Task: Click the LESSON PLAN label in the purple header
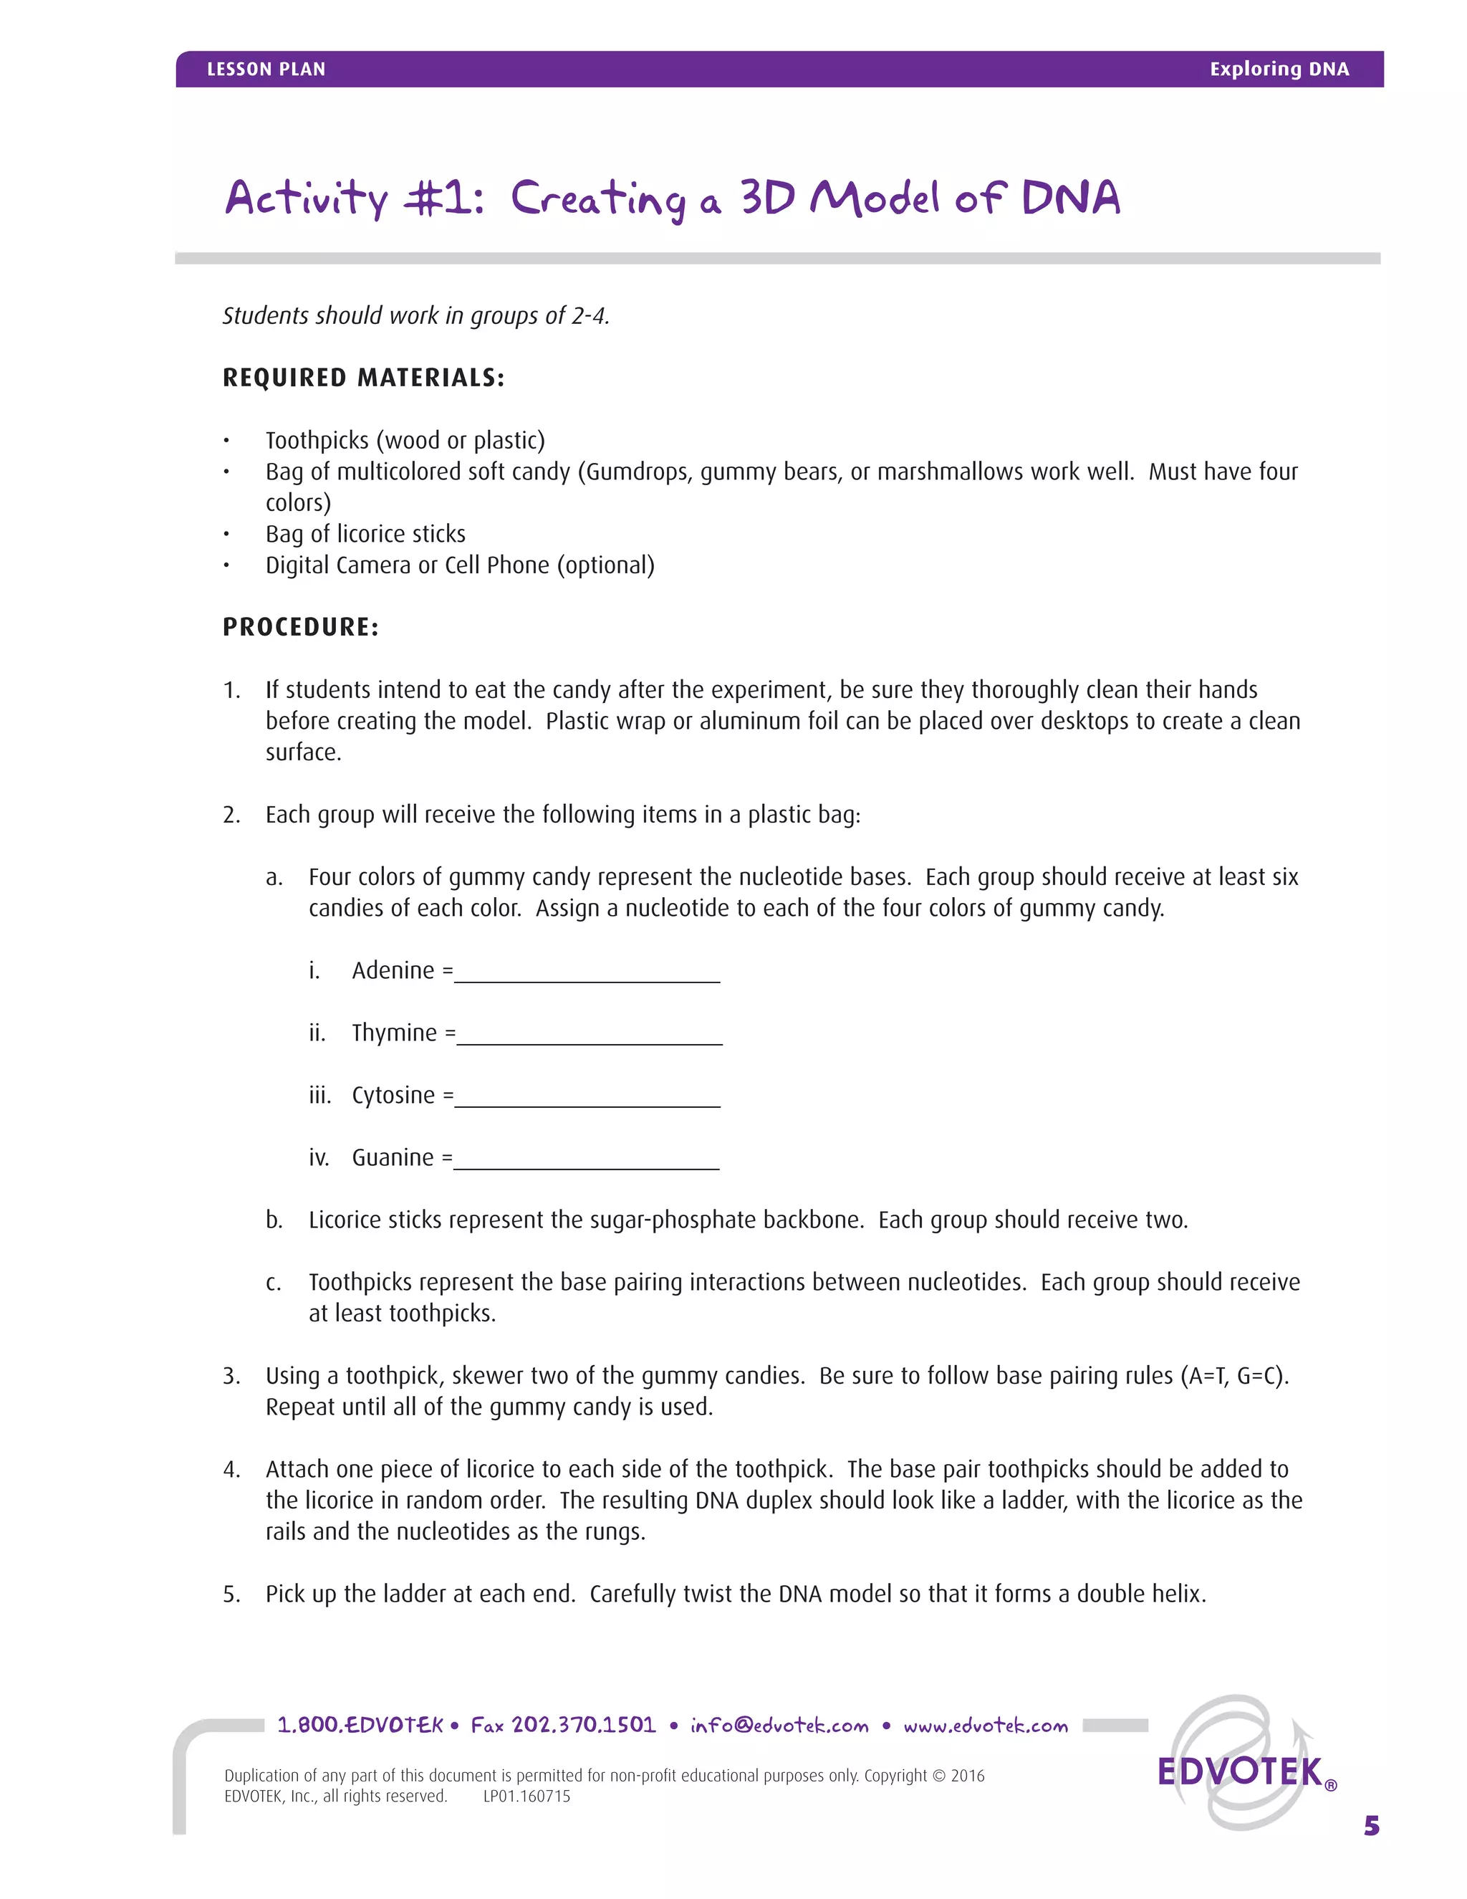point(266,70)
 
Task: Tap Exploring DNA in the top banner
point(1279,70)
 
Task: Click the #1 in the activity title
point(443,198)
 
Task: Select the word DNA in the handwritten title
point(1071,198)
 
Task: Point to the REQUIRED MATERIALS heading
point(363,378)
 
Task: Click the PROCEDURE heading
point(301,627)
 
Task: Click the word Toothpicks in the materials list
point(317,441)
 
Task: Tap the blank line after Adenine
point(587,979)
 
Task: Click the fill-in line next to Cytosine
point(587,1104)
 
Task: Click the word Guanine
point(393,1158)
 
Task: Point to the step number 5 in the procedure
point(231,1594)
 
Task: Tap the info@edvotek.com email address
point(779,1726)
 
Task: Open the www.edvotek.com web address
point(986,1726)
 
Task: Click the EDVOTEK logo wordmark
point(1240,1771)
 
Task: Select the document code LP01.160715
point(526,1797)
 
